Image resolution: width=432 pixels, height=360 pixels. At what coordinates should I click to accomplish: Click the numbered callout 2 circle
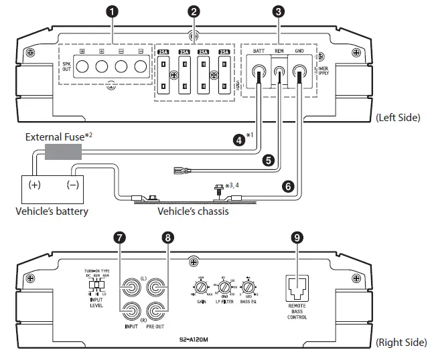[x=194, y=11]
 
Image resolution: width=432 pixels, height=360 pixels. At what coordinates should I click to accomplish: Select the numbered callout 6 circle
[x=287, y=187]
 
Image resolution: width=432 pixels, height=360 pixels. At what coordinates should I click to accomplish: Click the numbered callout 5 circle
[x=268, y=161]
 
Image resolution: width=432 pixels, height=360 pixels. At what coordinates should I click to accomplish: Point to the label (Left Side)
[x=398, y=118]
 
